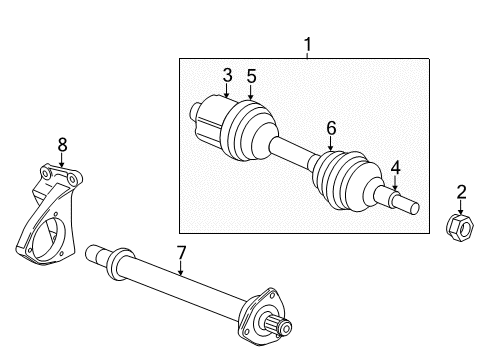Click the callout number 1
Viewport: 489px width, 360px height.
point(308,44)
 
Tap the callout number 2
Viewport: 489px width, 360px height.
point(462,192)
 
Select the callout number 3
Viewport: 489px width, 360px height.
point(227,75)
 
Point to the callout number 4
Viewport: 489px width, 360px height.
point(396,168)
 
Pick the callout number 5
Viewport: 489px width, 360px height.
point(251,75)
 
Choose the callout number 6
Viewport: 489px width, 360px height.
point(331,127)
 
